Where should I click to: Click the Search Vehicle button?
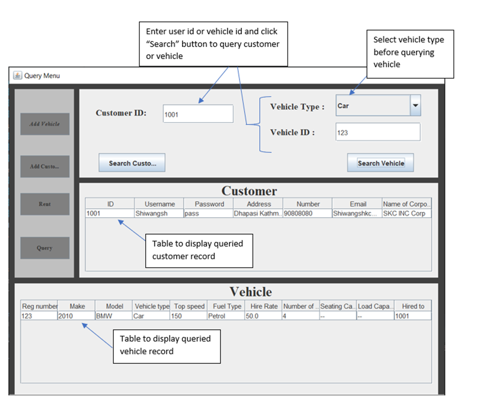380,163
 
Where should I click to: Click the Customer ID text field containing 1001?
198,114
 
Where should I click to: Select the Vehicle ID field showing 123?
378,132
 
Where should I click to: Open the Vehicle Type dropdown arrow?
415,106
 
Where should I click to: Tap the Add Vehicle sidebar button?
45,124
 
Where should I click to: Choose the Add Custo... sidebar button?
45,166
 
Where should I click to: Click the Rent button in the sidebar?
45,204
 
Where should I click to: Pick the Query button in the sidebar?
45,248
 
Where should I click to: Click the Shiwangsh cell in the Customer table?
159,214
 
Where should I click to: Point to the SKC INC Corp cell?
406,214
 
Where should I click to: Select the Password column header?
209,204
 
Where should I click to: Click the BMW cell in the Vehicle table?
113,316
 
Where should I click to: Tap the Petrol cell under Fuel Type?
226,316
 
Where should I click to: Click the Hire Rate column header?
264,306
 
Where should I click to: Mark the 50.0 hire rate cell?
263,316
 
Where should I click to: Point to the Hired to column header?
413,306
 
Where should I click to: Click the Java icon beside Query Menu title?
17,76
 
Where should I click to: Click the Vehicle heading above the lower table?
250,292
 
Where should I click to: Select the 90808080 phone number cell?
307,214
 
